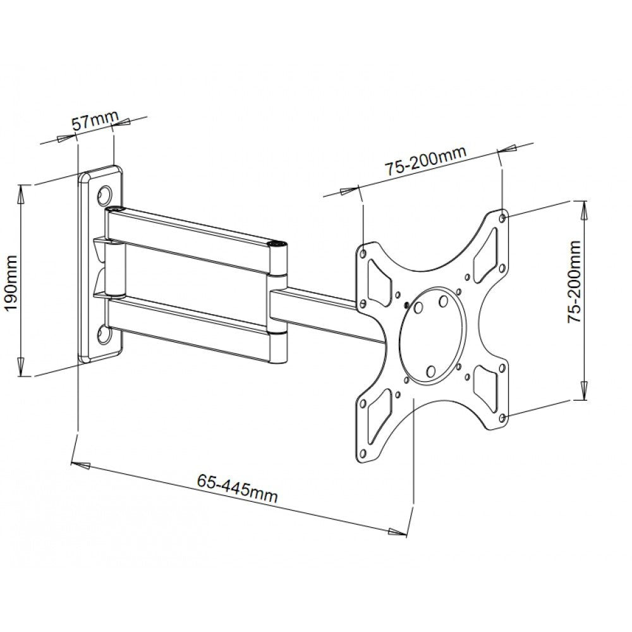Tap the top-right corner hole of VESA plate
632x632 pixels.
click(502, 217)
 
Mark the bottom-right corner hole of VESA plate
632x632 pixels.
click(502, 418)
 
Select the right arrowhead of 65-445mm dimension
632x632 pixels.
click(397, 532)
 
